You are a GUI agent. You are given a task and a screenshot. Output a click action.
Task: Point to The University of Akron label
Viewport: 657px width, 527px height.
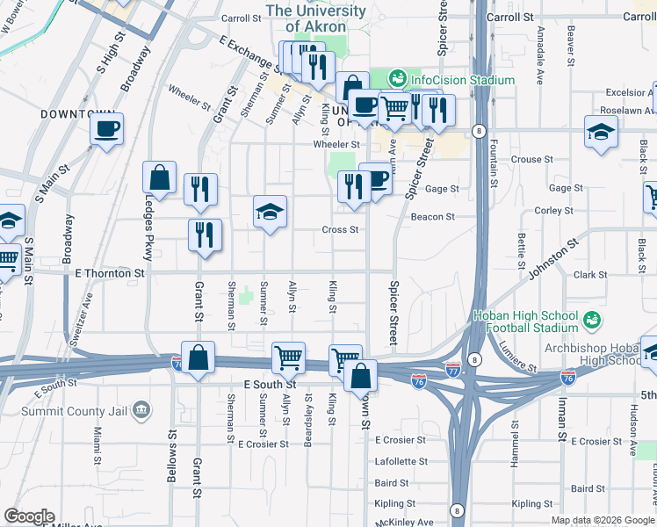(x=315, y=18)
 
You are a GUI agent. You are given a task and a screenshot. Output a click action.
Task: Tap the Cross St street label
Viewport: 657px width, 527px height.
(x=340, y=230)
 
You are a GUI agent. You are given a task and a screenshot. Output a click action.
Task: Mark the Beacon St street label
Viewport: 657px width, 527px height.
(x=432, y=217)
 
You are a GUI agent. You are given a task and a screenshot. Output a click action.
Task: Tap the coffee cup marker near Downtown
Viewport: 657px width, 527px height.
(x=107, y=130)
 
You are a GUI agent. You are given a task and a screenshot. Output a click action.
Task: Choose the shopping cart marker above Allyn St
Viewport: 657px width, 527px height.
(x=288, y=357)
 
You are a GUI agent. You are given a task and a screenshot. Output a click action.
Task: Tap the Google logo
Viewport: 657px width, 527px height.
(x=29, y=516)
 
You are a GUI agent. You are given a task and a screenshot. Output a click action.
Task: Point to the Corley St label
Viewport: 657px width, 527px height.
(x=553, y=211)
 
